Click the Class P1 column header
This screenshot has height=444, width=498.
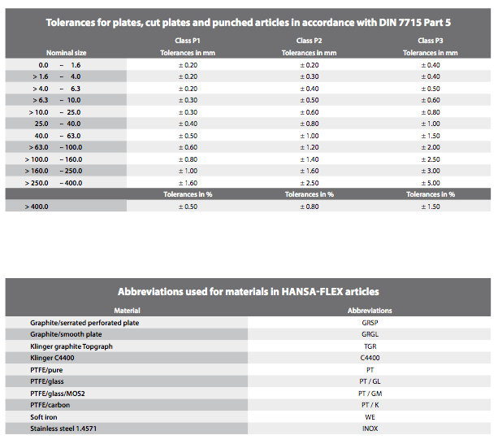click(x=188, y=41)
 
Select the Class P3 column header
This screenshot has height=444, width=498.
click(x=431, y=41)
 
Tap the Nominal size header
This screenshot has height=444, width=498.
click(x=67, y=53)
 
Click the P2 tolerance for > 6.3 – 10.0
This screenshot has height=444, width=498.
click(x=310, y=100)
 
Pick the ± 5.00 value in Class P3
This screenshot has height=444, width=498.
click(x=431, y=183)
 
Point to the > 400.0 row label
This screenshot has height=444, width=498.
click(x=37, y=207)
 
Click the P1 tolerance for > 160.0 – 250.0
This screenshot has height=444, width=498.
click(x=188, y=171)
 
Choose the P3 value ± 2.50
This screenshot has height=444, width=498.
click(x=431, y=159)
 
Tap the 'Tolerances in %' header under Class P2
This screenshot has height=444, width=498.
click(x=310, y=194)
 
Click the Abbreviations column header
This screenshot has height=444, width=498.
click(x=370, y=311)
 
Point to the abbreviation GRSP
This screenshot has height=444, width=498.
click(x=370, y=323)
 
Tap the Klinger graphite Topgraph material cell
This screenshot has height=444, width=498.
click(x=71, y=346)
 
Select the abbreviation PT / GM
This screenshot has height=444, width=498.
click(x=370, y=394)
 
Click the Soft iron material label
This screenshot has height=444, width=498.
click(x=44, y=417)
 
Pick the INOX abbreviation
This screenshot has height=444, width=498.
click(x=370, y=429)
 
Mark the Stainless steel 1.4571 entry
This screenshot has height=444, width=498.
click(x=63, y=429)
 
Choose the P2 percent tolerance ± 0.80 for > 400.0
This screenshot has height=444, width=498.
click(x=310, y=207)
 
